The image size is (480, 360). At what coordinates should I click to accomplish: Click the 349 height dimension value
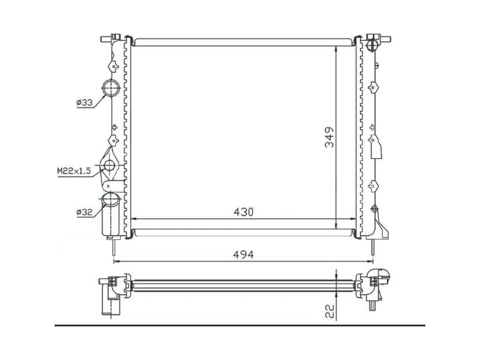click(329, 137)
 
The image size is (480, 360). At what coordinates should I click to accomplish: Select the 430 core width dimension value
click(244, 212)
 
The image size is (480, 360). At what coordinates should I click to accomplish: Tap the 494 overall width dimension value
click(244, 254)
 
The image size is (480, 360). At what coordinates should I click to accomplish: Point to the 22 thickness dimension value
click(329, 311)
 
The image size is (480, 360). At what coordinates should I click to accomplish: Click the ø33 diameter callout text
click(85, 103)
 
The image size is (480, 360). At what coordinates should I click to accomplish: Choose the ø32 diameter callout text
click(85, 212)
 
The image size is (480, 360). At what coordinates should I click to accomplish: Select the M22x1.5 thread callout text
click(74, 171)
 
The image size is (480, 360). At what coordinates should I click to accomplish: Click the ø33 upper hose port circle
click(110, 88)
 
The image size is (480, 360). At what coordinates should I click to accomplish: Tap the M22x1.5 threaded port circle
click(109, 166)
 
